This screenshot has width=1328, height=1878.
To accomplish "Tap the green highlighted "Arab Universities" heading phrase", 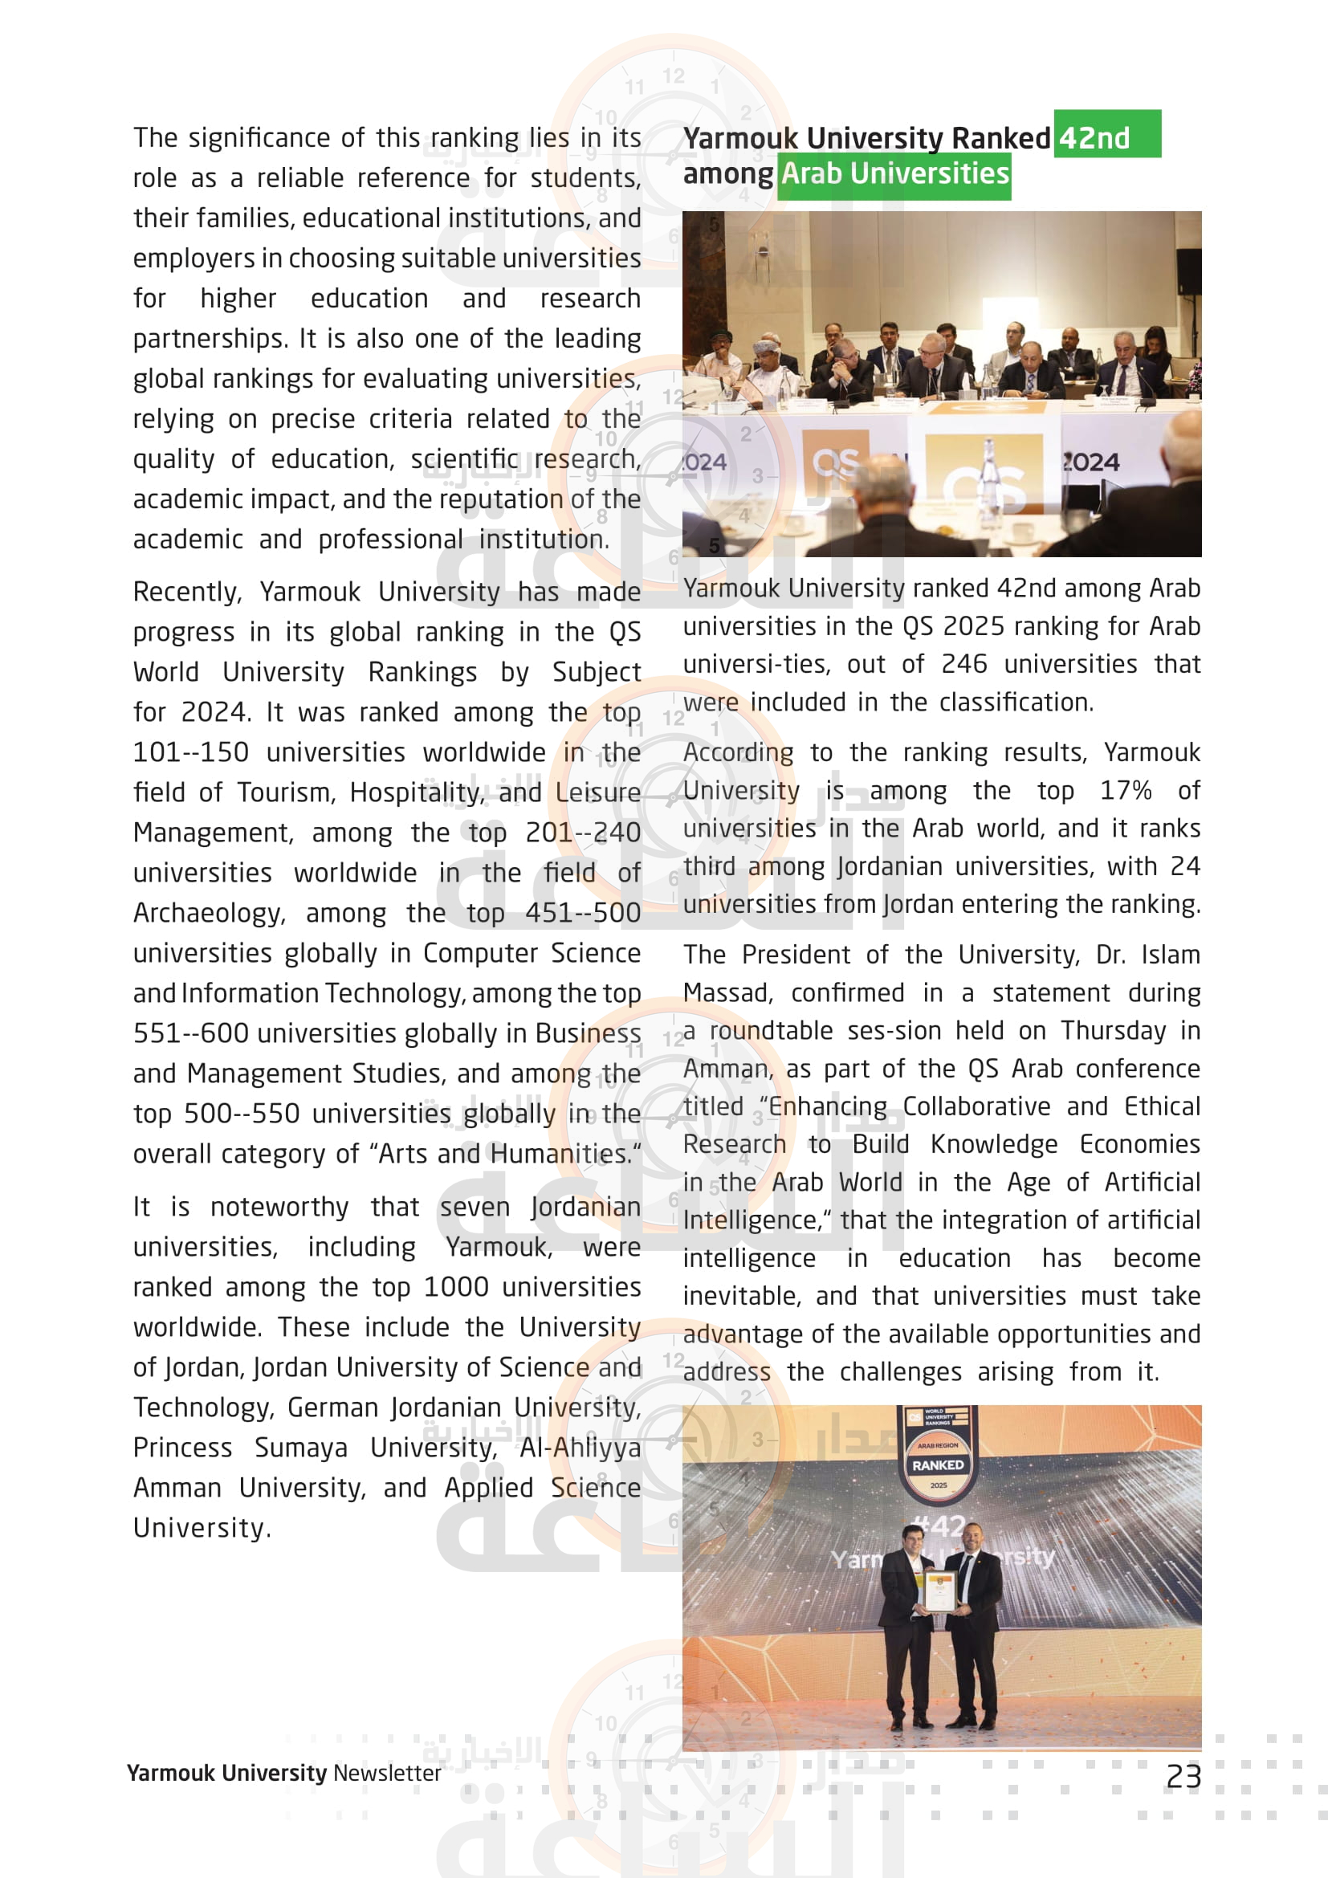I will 894,173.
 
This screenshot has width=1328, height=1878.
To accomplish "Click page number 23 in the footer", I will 1183,1776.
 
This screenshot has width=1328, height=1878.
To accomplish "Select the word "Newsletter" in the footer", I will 387,1773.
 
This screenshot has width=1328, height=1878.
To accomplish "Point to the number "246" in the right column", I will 964,663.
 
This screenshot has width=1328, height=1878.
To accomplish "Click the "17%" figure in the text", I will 1125,790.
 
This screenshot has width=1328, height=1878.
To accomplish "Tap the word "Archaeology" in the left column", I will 209,913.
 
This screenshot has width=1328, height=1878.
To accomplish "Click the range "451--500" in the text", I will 582,913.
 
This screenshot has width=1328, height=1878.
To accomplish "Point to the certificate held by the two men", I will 938,1590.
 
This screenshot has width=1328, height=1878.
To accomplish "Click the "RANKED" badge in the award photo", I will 938,1465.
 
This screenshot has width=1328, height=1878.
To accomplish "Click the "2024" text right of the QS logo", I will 1091,462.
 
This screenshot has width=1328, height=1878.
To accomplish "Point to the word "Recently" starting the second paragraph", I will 186,592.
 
